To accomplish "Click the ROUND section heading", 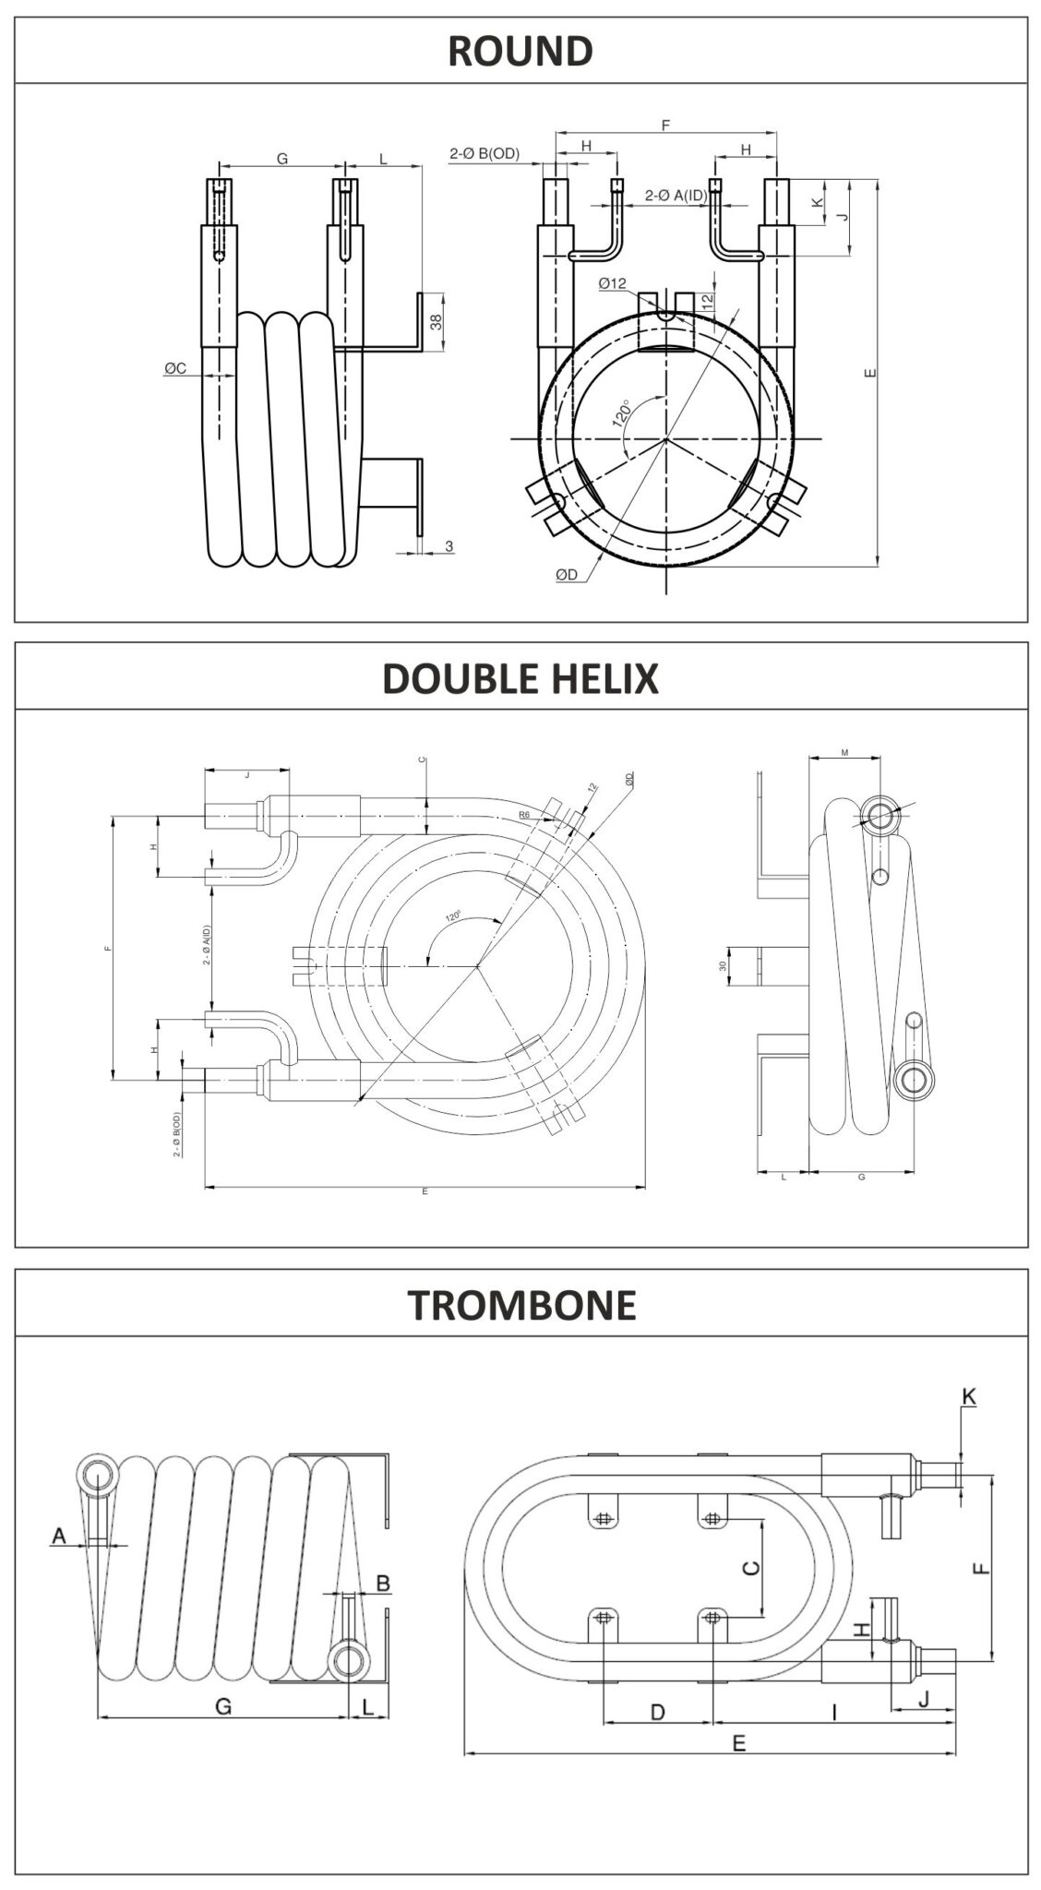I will coord(520,51).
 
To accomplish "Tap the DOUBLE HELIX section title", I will coord(520,677).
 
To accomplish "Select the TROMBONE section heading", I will coord(521,1304).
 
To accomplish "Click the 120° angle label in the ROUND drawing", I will coord(622,413).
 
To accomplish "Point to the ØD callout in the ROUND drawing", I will coord(567,574).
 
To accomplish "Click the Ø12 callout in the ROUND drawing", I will coord(612,284).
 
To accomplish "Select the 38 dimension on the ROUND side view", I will coord(437,321).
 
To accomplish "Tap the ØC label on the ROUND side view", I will coord(175,368).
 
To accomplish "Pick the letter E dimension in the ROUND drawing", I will coord(870,374).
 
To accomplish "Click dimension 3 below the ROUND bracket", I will coord(449,546).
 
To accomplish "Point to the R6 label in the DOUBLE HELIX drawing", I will coord(524,815).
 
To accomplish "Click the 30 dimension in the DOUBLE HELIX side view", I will coord(724,965).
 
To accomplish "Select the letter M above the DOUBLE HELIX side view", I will coord(844,753).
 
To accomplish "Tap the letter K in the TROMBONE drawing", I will coord(968,1396).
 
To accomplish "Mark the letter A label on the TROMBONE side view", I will coord(59,1535).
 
